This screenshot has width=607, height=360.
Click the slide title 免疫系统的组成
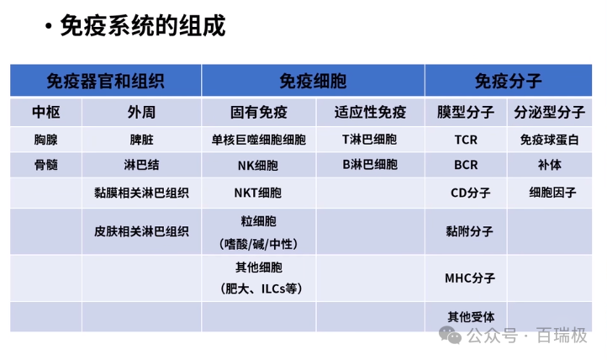(x=143, y=26)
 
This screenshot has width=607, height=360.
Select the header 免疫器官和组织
(x=105, y=82)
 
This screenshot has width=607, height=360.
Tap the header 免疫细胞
(x=313, y=82)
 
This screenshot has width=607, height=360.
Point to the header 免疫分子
(x=508, y=82)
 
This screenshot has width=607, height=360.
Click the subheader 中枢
(x=45, y=113)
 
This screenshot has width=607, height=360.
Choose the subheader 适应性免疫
(x=370, y=113)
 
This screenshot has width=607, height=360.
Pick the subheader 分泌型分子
(x=550, y=113)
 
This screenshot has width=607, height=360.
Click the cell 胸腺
(x=45, y=140)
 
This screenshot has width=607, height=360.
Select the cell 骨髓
(x=45, y=165)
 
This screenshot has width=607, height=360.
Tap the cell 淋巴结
(x=141, y=165)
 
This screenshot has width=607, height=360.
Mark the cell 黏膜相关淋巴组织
(x=141, y=193)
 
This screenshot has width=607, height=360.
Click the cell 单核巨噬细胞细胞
(x=259, y=140)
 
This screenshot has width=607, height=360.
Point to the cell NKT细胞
(x=259, y=193)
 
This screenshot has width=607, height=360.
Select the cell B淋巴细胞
(x=370, y=165)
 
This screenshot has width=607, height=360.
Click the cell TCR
(x=466, y=140)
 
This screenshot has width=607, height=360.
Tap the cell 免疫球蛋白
(x=550, y=140)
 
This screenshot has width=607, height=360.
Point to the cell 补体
(x=550, y=165)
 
